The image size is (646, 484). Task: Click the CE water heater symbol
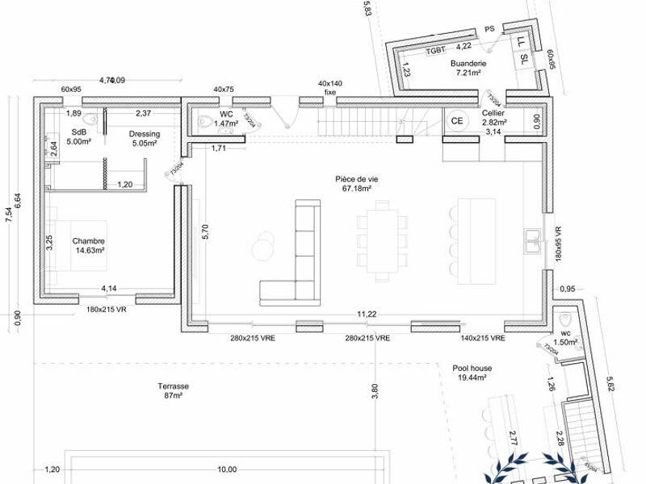457,121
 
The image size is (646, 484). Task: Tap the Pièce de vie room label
354,183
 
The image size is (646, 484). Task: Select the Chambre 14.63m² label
89,245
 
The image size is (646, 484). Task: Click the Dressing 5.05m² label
145,139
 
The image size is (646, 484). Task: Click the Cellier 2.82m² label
493,119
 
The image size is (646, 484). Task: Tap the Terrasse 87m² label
174,391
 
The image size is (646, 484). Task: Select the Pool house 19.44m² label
472,373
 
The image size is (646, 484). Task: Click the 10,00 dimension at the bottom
227,469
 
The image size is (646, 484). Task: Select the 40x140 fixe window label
329,87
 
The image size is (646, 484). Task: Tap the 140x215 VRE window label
484,340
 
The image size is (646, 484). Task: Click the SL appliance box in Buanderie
524,58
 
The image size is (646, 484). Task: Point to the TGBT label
436,50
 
